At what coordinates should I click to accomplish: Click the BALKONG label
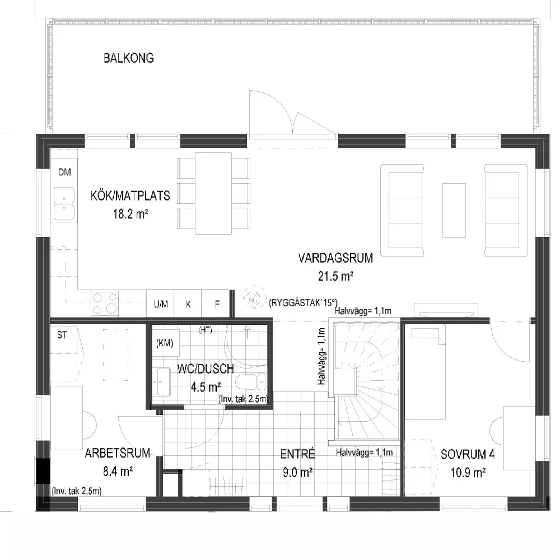click(129, 58)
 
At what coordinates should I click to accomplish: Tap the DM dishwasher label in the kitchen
click(64, 172)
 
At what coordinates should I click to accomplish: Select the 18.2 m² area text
click(130, 214)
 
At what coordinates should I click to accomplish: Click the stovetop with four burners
click(105, 303)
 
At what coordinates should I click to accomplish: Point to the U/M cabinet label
click(161, 304)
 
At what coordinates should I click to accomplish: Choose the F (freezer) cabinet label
click(217, 304)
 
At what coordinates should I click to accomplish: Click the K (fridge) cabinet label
click(188, 304)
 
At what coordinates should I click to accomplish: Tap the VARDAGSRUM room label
click(335, 258)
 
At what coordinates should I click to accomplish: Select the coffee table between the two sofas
click(454, 211)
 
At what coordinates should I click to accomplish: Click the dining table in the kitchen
click(213, 193)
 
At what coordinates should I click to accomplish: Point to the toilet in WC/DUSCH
click(250, 382)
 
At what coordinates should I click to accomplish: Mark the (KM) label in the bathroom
click(165, 343)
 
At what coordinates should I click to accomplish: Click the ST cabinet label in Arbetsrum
click(62, 335)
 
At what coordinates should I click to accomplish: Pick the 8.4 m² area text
click(118, 472)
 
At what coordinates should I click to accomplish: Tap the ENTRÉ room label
click(297, 454)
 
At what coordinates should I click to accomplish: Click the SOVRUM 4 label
click(468, 454)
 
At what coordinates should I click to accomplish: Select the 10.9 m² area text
click(468, 473)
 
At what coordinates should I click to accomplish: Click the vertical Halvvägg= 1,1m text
click(321, 356)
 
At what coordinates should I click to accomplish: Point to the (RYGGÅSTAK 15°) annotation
click(303, 303)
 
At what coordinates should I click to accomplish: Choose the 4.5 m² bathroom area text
click(206, 387)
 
